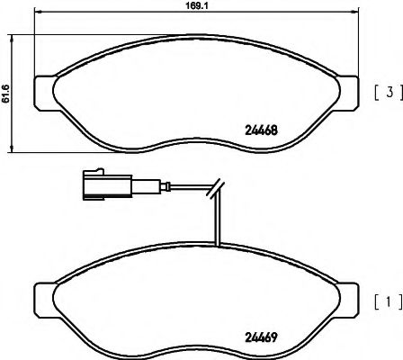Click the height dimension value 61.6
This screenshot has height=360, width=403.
tap(6, 94)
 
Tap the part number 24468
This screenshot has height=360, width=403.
tap(261, 130)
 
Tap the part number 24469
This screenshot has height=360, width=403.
tap(261, 337)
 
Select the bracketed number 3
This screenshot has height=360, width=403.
tap(390, 93)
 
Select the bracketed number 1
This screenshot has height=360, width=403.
tap(389, 301)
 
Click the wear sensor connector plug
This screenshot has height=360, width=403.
tap(107, 184)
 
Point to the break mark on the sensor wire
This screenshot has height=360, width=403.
tap(216, 188)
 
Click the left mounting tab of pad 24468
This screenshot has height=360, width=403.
tap(45, 92)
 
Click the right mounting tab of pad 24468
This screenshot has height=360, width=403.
tap(348, 93)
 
